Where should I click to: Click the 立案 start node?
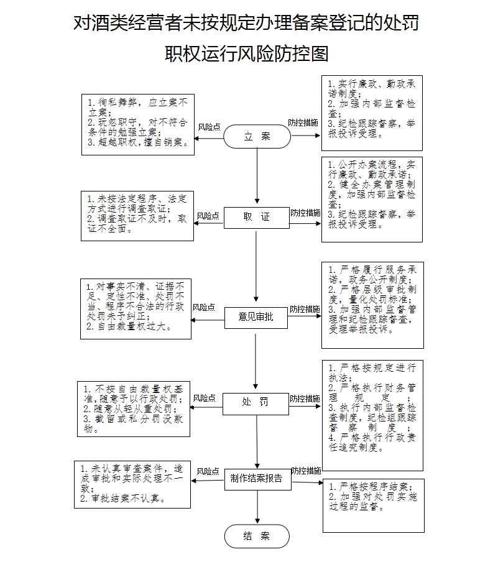tap(257, 136)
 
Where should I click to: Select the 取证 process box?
tap(257, 217)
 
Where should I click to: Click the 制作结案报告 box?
tap(256, 478)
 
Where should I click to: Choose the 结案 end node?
tap(257, 536)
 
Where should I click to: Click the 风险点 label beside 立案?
tap(209, 127)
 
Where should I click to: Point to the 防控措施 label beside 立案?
tap(303, 123)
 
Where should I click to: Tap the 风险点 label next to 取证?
tap(208, 216)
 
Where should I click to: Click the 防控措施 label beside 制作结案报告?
tap(306, 471)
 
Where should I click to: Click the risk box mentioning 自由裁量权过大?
tap(136, 309)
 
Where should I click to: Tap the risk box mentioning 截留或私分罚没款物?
tap(134, 408)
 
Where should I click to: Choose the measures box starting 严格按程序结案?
tap(373, 505)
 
